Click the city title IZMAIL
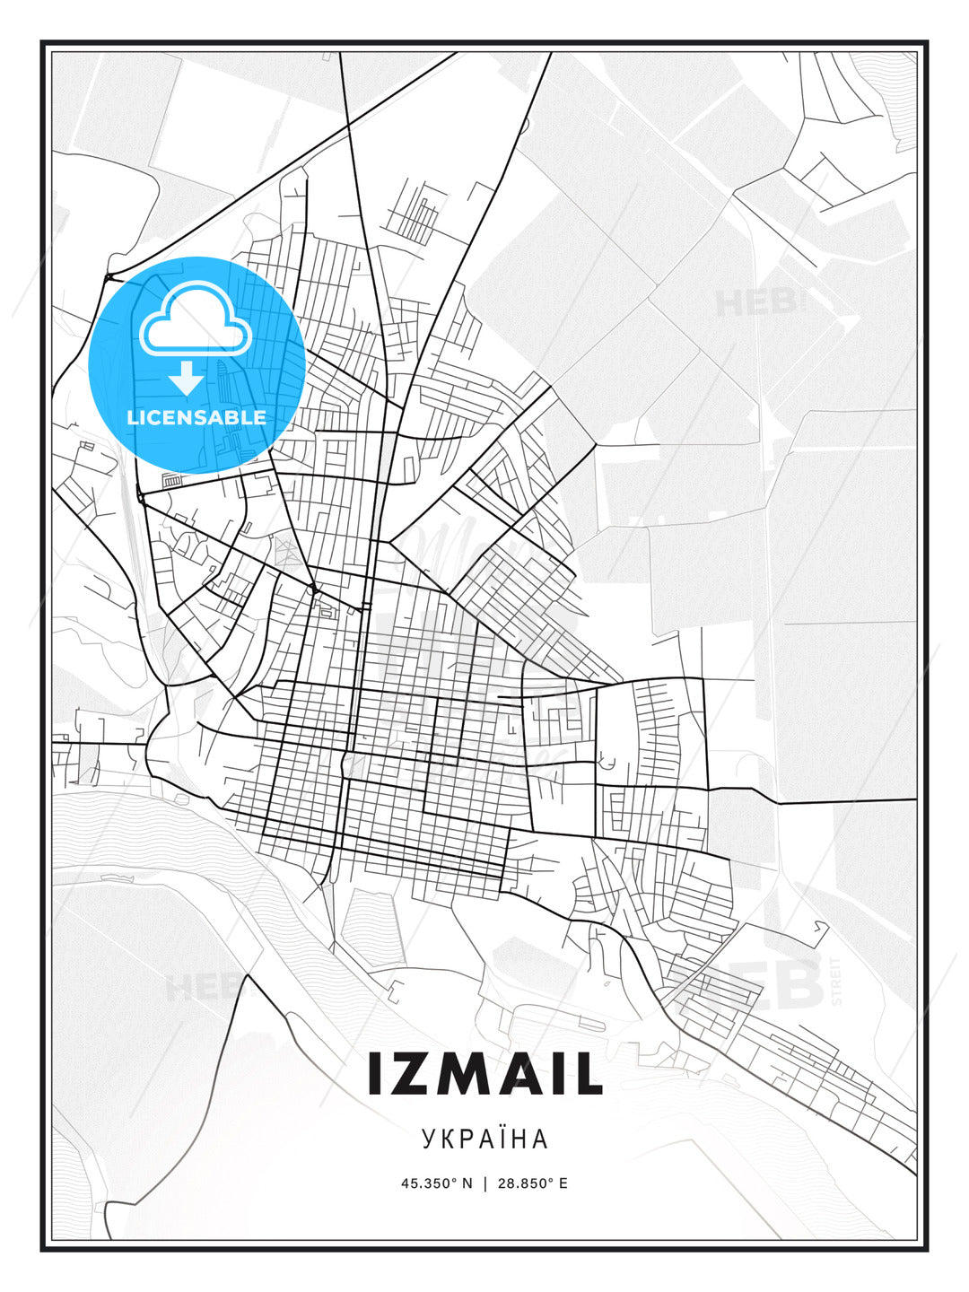pos(484,1074)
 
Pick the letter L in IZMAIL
pos(588,1074)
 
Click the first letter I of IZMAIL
pos(376,1074)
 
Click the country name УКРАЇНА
pos(484,1139)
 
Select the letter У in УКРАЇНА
pos(428,1139)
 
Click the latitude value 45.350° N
pos(436,1183)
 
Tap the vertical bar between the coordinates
pos(485,1183)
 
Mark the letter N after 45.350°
pos(467,1183)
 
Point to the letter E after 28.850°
pos(563,1183)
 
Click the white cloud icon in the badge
pos(195,321)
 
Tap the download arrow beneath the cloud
pos(187,379)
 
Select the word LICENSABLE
pos(196,417)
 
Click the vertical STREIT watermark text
pos(837,981)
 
